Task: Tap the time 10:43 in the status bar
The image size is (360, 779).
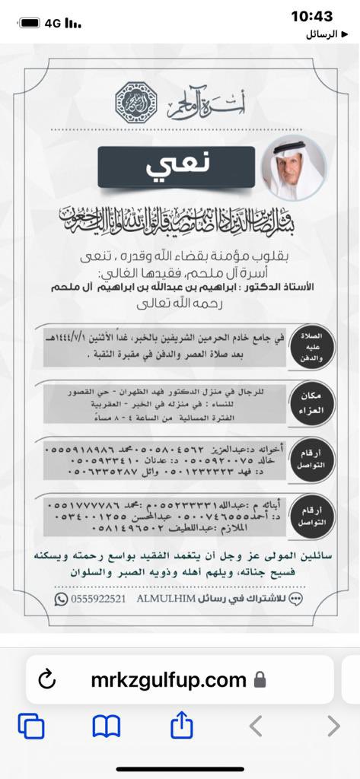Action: click(x=312, y=16)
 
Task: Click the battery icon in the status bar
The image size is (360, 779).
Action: click(x=29, y=23)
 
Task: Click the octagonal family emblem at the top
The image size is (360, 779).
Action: click(x=132, y=98)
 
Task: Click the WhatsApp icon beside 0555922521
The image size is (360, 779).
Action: click(x=61, y=599)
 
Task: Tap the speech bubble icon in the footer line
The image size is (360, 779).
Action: click(x=297, y=599)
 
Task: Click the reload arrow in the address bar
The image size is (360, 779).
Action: click(x=47, y=678)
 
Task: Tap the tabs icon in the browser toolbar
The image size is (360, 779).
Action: click(x=31, y=727)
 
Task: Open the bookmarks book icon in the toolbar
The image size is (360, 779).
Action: click(x=107, y=727)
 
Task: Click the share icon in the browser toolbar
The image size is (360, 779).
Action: click(x=181, y=726)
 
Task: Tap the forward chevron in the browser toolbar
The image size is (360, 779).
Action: click(x=333, y=727)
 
